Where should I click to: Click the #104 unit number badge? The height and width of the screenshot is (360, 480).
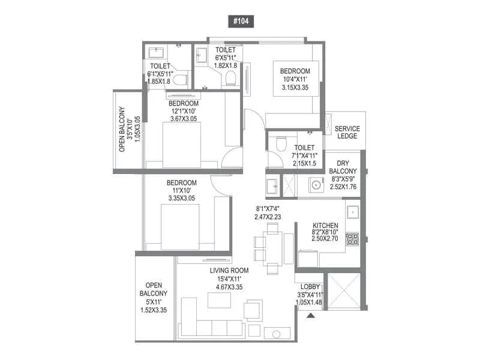tap(240, 20)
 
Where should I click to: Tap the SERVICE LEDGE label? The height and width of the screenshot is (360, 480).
tap(347, 132)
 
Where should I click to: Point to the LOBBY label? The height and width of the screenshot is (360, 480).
tap(310, 287)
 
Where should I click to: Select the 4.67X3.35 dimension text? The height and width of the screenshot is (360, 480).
tap(229, 287)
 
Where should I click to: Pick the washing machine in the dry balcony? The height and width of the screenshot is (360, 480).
tap(314, 185)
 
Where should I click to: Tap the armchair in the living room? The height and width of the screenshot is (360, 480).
tap(253, 310)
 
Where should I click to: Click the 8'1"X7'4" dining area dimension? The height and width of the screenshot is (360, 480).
tap(267, 210)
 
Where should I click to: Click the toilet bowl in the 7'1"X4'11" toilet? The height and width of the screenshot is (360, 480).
tap(277, 143)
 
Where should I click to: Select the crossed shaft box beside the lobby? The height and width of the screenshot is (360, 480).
tap(344, 292)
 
